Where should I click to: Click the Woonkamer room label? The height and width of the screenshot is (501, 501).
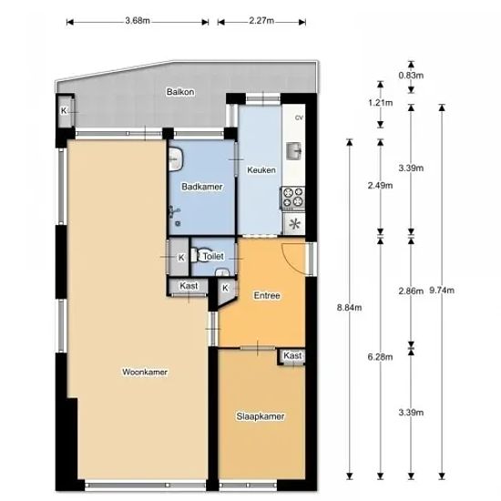tap(145, 372)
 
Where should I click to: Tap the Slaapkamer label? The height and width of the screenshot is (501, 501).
tap(261, 416)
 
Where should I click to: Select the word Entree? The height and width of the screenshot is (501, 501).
tap(267, 295)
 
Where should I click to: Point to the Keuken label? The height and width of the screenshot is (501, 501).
tap(261, 170)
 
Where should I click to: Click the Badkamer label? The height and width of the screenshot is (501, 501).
tap(202, 187)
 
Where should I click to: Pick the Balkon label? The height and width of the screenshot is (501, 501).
tap(180, 92)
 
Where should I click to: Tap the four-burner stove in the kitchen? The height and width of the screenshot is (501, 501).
tap(293, 197)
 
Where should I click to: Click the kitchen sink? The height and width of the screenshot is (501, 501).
tap(293, 151)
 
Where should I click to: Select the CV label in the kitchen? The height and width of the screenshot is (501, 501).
tap(299, 118)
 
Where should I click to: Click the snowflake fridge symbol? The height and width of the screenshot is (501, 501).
tap(294, 223)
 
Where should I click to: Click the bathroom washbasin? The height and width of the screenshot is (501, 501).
tap(176, 158)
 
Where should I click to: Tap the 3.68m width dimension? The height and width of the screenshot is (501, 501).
tap(138, 21)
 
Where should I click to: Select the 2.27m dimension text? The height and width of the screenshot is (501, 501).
tap(261, 21)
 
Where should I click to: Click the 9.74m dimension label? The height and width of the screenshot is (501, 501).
tap(442, 290)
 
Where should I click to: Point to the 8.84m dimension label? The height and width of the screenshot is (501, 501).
tap(349, 307)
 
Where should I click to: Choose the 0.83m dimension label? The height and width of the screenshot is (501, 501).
tap(411, 76)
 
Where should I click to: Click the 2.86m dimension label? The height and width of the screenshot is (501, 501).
tap(411, 291)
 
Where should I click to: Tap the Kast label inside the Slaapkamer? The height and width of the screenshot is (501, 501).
tap(292, 355)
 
